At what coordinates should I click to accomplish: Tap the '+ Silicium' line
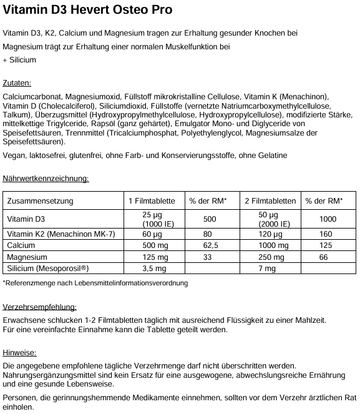tap(19, 60)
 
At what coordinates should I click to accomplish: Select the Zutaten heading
tap(17, 83)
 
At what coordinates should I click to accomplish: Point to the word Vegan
tap(14, 155)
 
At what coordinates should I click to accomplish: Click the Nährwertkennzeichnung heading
tap(46, 179)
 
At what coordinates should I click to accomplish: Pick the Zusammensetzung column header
tap(40, 201)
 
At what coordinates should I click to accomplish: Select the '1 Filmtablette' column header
tap(152, 201)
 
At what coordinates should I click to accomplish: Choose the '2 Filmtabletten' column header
tap(270, 201)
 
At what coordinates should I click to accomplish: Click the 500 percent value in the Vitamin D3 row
tap(210, 219)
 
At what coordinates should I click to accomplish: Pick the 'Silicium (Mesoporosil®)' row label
tap(47, 269)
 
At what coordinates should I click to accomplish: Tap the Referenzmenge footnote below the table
tap(95, 283)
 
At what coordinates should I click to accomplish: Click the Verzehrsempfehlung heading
tap(40, 307)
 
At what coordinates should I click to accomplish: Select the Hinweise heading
tap(19, 352)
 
